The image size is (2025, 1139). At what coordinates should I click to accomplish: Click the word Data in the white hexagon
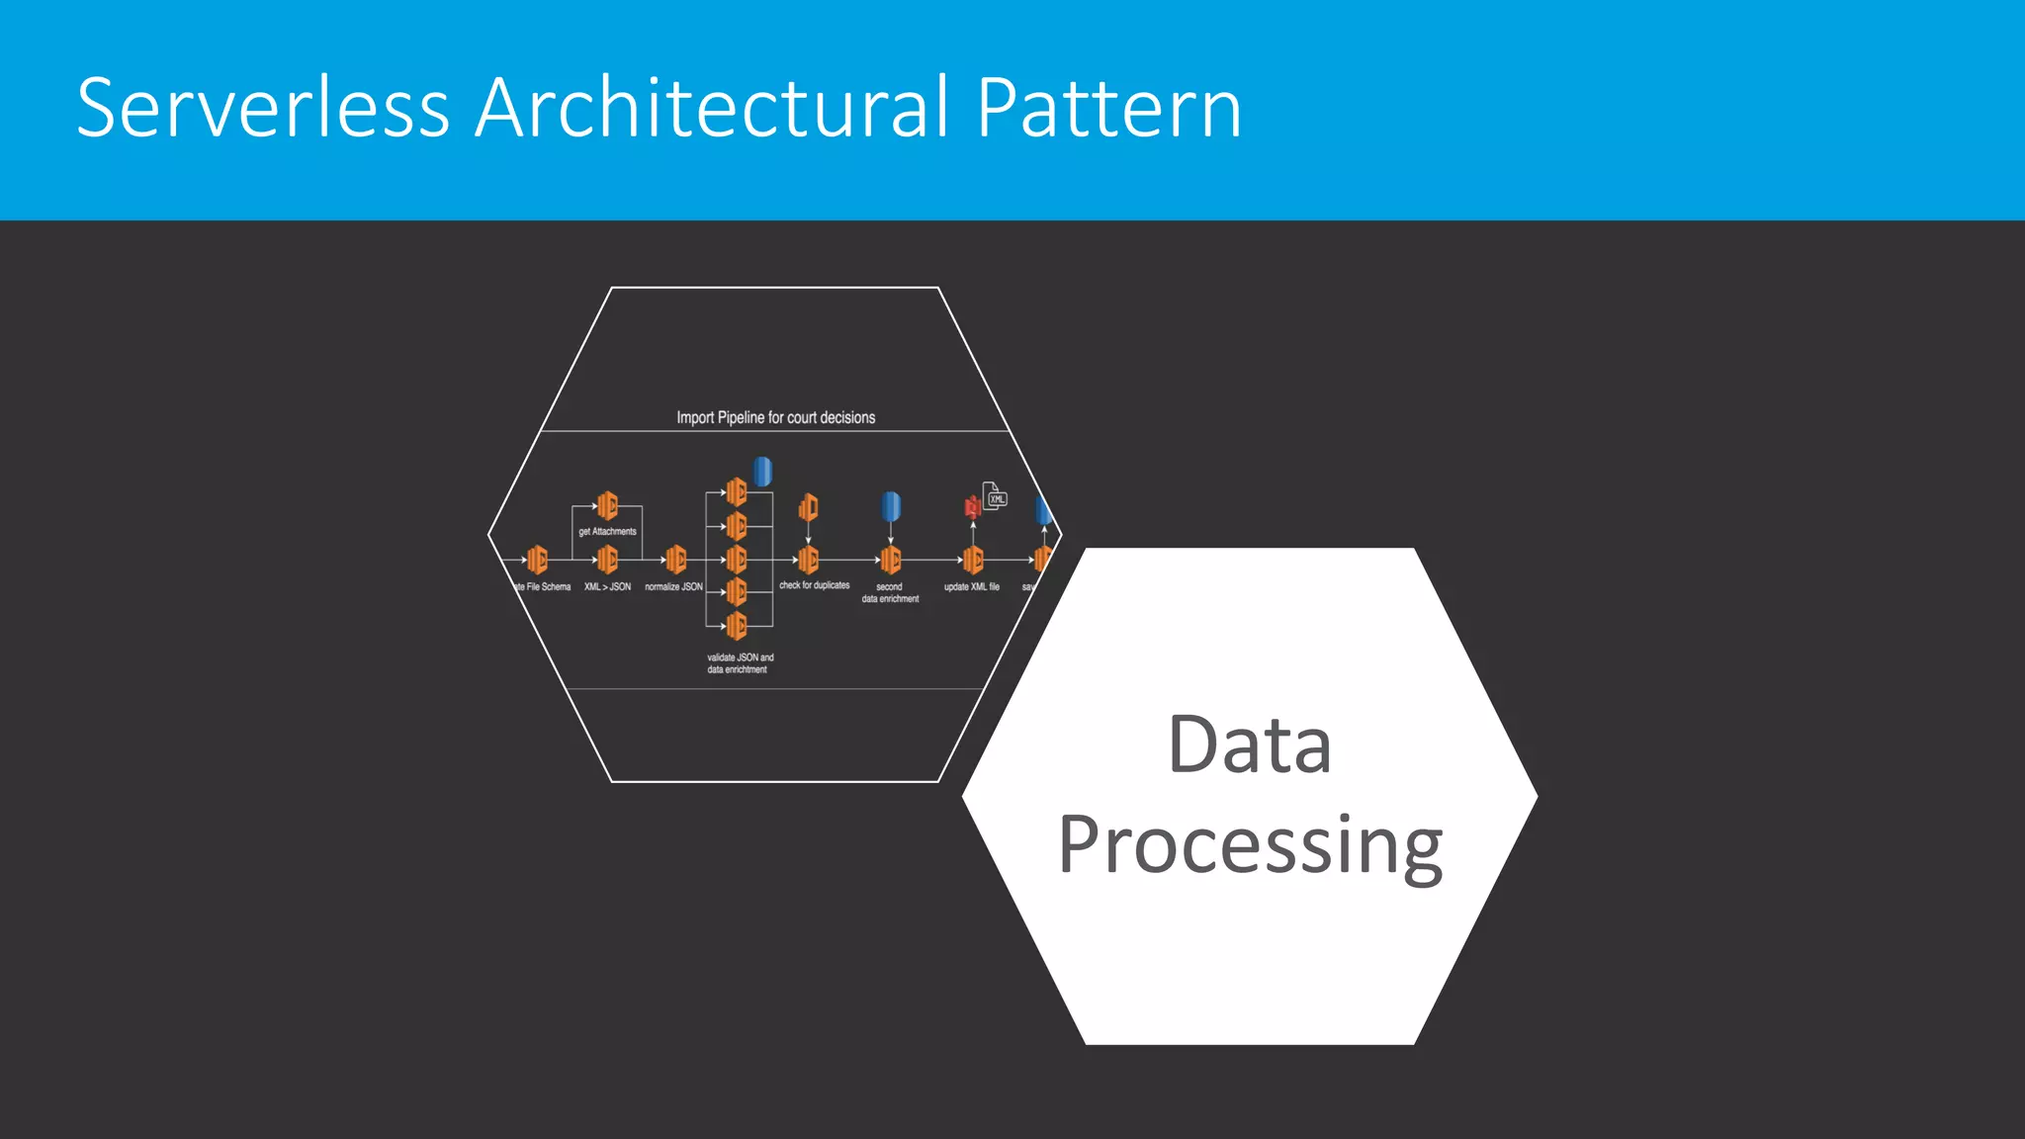pos(1249,744)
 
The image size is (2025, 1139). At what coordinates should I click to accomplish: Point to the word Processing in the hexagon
pos(1250,845)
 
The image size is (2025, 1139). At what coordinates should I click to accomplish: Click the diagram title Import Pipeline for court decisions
pos(775,417)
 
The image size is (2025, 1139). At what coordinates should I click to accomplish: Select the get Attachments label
pos(607,532)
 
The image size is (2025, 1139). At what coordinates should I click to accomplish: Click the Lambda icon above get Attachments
pos(607,506)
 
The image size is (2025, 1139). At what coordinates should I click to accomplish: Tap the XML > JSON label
pos(607,587)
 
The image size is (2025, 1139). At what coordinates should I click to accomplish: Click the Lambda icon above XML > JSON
pos(607,561)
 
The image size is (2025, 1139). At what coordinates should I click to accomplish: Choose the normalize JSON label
pos(673,587)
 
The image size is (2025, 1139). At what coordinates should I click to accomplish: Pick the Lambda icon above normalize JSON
pos(676,561)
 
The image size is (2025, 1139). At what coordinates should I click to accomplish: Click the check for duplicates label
pos(814,585)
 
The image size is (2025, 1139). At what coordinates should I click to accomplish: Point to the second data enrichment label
pos(890,593)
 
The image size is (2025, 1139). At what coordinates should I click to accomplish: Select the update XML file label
pos(971,587)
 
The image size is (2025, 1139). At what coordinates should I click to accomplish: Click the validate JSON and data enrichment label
pos(740,663)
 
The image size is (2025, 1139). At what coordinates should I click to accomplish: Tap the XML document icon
pos(995,495)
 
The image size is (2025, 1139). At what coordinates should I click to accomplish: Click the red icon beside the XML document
pos(972,507)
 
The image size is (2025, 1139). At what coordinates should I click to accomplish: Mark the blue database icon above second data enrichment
pos(891,506)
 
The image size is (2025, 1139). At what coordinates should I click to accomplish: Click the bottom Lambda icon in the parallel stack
pos(737,625)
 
